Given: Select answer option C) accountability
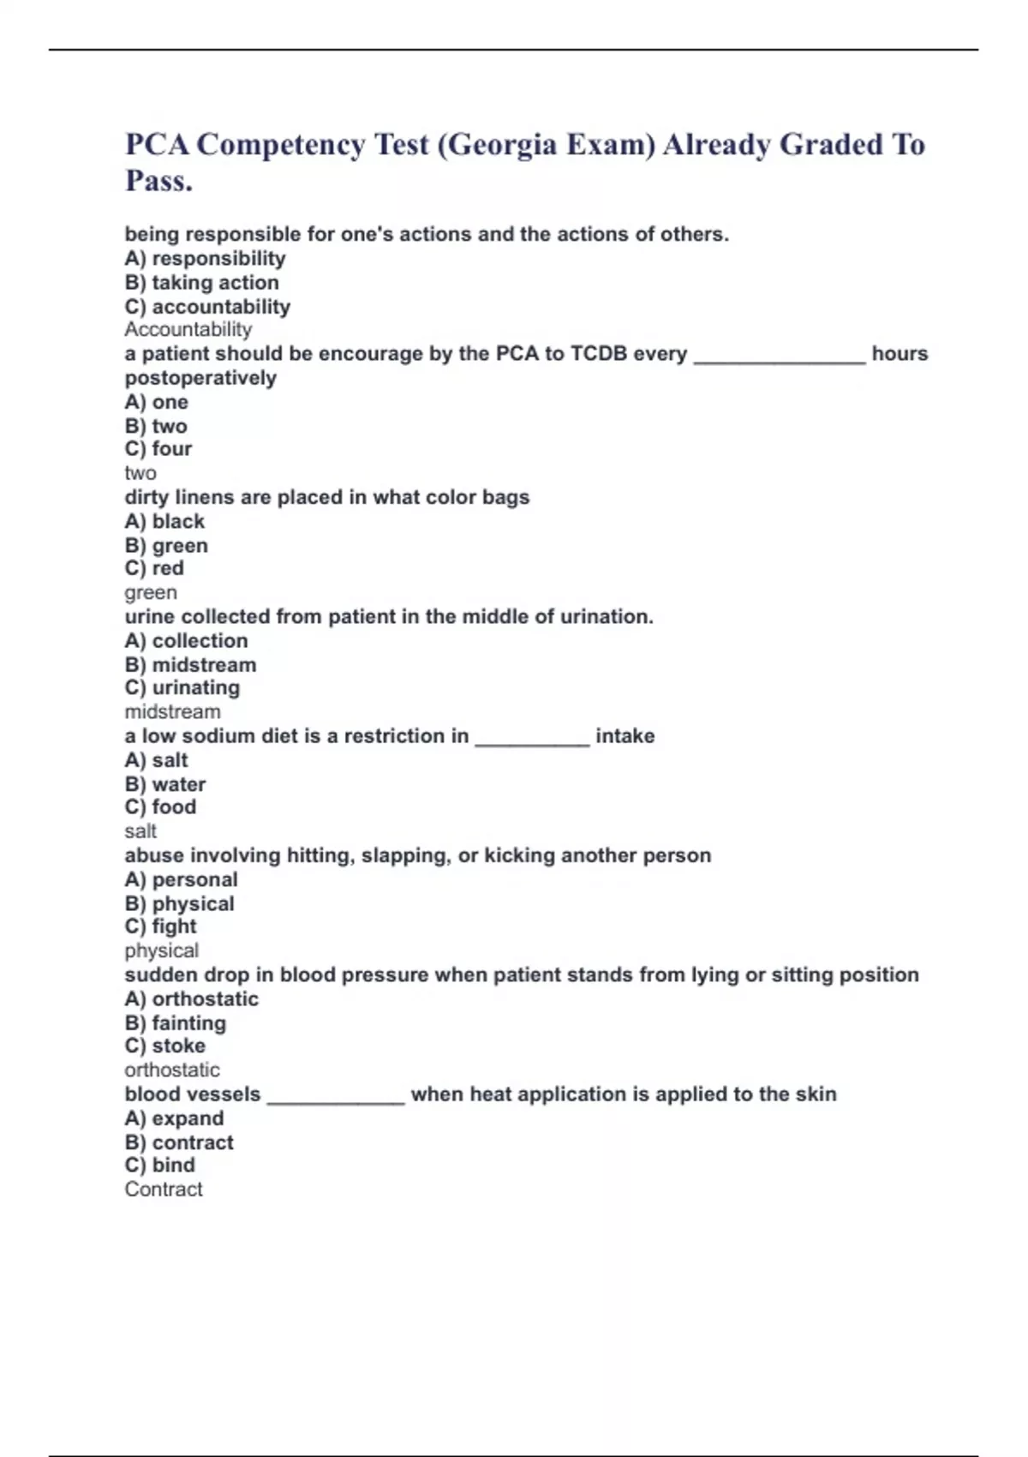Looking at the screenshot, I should (x=207, y=307).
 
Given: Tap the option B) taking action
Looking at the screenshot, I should (x=202, y=283).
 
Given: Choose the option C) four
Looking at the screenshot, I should (x=158, y=449).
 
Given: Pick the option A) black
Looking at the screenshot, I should (x=164, y=522).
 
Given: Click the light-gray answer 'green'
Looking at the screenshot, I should (x=151, y=593).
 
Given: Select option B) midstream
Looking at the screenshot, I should (x=190, y=665).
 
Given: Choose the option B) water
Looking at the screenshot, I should (x=165, y=784).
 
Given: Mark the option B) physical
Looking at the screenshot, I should (x=179, y=904).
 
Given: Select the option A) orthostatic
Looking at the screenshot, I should (x=191, y=999).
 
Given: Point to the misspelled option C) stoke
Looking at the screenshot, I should (x=164, y=1046).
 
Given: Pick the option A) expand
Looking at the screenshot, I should (x=174, y=1118).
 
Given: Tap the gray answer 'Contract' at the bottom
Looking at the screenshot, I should (x=164, y=1190).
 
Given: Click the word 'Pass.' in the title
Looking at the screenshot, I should (x=159, y=181).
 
